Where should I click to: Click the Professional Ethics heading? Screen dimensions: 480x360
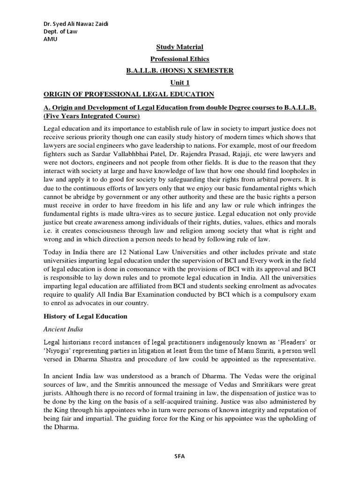pyautogui.click(x=180, y=59)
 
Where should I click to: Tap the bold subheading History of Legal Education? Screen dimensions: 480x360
pyautogui.click(x=85, y=316)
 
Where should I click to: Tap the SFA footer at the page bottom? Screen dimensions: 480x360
pyautogui.click(x=180, y=457)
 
